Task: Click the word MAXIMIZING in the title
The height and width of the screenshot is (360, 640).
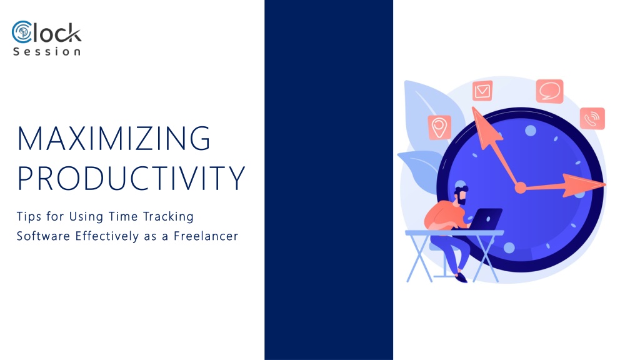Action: [114, 138]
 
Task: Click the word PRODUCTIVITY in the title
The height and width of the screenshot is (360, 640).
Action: [131, 178]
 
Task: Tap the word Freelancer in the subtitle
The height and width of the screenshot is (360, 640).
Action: [206, 236]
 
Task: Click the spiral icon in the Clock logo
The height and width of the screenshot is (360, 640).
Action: [22, 32]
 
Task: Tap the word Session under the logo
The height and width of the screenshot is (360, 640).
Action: [47, 52]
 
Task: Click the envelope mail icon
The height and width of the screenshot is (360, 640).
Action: [482, 91]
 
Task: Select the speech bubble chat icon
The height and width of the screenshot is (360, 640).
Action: [550, 91]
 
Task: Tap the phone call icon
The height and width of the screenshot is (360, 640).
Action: [592, 118]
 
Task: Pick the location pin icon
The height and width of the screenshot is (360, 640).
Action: [439, 127]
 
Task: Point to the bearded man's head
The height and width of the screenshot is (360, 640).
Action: [461, 195]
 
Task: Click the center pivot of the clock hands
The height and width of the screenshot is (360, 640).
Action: [521, 187]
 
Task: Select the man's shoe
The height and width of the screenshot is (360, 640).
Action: [461, 278]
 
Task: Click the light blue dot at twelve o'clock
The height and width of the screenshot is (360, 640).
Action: [530, 131]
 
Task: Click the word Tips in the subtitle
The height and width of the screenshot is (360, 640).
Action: [29, 217]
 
